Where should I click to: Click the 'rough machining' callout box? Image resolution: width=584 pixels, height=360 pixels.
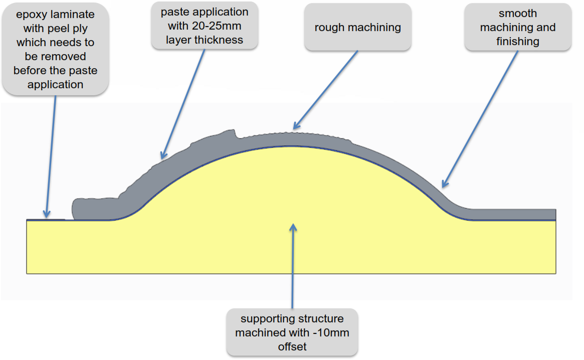(357, 27)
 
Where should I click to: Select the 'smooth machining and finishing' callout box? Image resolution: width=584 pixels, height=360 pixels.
(518, 27)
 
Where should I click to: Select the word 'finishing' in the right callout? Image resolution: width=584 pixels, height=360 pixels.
(518, 42)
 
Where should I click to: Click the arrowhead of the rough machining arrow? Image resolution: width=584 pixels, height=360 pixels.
(296, 126)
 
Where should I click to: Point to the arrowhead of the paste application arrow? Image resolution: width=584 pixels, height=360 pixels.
(163, 155)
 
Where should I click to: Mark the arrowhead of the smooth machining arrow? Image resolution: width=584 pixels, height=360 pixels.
(445, 184)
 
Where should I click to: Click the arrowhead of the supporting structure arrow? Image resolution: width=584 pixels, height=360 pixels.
(293, 227)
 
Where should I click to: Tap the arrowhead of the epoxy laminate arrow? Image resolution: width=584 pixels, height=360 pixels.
(47, 214)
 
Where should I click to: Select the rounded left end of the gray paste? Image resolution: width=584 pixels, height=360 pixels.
(76, 209)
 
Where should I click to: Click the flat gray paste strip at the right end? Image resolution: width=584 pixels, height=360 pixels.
(514, 214)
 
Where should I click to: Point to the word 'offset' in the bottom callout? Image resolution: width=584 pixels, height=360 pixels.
(292, 346)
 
